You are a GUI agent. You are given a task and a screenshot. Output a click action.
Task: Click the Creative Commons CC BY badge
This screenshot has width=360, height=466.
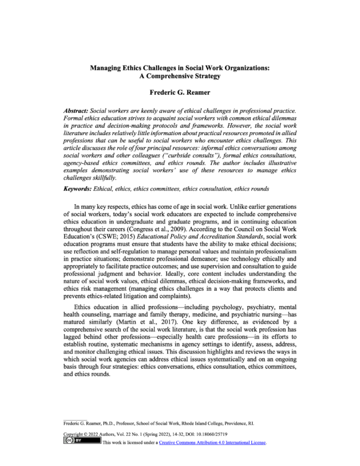[82, 442]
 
